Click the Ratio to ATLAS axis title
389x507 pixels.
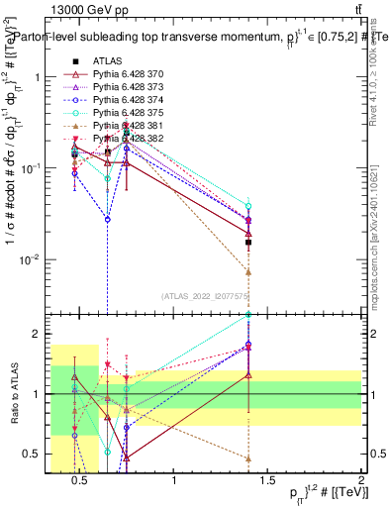tap(14, 395)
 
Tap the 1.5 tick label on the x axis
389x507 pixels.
tap(268, 482)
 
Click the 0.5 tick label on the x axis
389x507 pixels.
tap(83, 482)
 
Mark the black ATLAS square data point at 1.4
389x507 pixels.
tap(248, 242)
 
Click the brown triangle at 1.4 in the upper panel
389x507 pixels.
tap(248, 271)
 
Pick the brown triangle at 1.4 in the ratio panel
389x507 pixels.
tap(248, 458)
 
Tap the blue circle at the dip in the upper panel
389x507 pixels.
tap(107, 219)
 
